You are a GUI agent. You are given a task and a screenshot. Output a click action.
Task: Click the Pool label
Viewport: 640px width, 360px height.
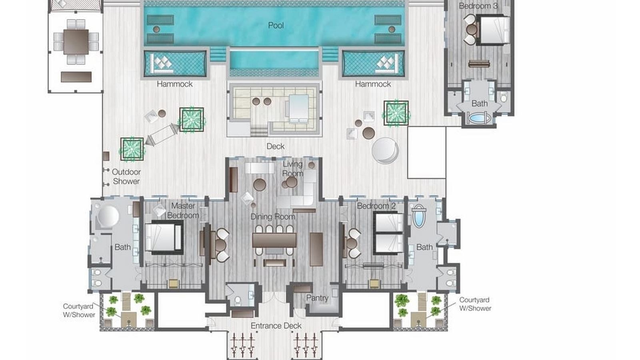click(276, 25)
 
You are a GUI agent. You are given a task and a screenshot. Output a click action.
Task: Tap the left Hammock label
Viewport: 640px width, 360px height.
click(174, 84)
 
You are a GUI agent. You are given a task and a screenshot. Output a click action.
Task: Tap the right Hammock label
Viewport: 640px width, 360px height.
click(373, 84)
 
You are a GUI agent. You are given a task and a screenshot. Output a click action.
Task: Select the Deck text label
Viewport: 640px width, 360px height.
click(276, 146)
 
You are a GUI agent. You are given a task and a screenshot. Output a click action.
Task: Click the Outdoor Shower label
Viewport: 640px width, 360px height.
click(126, 176)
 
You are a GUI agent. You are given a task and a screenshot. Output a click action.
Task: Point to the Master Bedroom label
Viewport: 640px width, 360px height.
click(183, 210)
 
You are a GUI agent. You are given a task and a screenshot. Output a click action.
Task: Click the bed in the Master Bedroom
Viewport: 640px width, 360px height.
click(164, 237)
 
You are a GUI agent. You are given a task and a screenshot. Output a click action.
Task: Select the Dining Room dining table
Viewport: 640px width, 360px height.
click(274, 240)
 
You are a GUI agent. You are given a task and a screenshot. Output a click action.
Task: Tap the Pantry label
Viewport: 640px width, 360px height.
click(317, 298)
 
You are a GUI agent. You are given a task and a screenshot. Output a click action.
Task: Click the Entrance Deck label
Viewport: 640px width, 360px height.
click(276, 326)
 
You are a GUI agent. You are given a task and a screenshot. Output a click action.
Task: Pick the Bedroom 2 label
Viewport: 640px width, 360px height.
click(376, 206)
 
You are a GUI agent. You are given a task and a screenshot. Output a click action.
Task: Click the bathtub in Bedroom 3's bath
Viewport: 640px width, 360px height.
click(479, 118)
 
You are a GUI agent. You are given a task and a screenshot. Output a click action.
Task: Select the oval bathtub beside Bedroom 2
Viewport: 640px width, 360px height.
click(418, 216)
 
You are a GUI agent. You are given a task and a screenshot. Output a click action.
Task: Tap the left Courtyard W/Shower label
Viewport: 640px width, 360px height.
click(79, 310)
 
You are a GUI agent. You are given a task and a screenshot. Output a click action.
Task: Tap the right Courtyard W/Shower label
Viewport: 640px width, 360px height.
click(475, 304)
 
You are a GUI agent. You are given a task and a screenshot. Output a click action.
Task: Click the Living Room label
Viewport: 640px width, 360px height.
click(293, 168)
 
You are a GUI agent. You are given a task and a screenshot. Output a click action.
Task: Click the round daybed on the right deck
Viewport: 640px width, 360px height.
click(384, 150)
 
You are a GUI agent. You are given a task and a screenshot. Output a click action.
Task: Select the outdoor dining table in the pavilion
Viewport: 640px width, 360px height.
click(76, 42)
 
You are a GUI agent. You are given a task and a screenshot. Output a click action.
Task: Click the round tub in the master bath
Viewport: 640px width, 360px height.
click(108, 216)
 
